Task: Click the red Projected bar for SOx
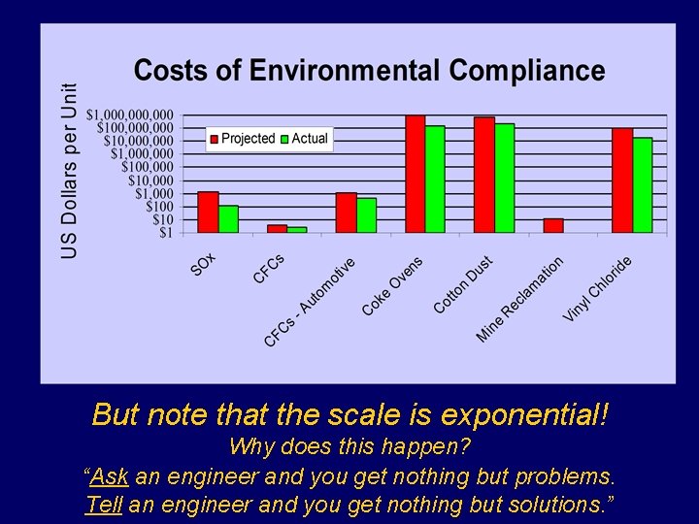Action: [x=208, y=212]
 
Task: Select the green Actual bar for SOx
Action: [x=228, y=218]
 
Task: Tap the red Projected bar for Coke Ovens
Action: [x=416, y=174]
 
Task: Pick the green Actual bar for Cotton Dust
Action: [x=505, y=178]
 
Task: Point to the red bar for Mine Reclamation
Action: [x=553, y=225]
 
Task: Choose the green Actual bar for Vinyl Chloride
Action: [x=643, y=184]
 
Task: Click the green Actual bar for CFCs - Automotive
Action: [x=366, y=214]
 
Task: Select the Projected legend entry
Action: [x=243, y=139]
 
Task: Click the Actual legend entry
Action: [x=305, y=139]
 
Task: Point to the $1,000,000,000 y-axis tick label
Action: [x=130, y=115]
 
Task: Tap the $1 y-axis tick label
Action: [x=166, y=233]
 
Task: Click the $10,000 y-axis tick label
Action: [x=151, y=180]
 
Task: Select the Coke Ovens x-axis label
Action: [x=393, y=285]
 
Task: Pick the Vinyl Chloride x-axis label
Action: [x=598, y=289]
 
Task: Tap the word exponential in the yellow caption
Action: [x=524, y=414]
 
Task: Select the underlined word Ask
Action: [x=110, y=477]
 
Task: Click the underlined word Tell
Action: [x=102, y=505]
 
